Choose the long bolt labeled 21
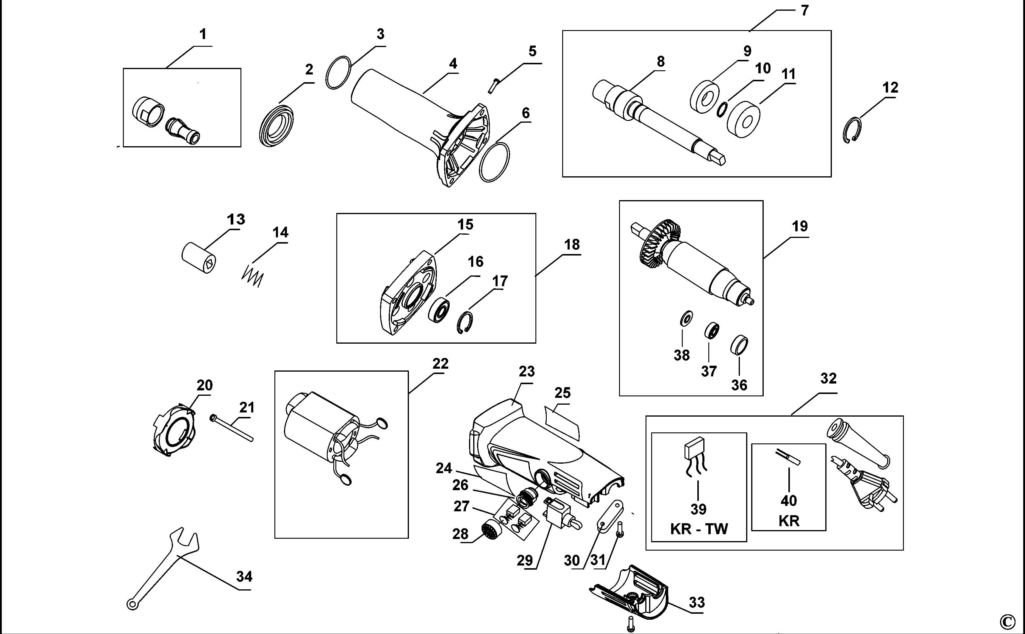pyautogui.click(x=232, y=428)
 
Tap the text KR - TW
pyautogui.click(x=699, y=529)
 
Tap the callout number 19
pyautogui.click(x=799, y=226)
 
